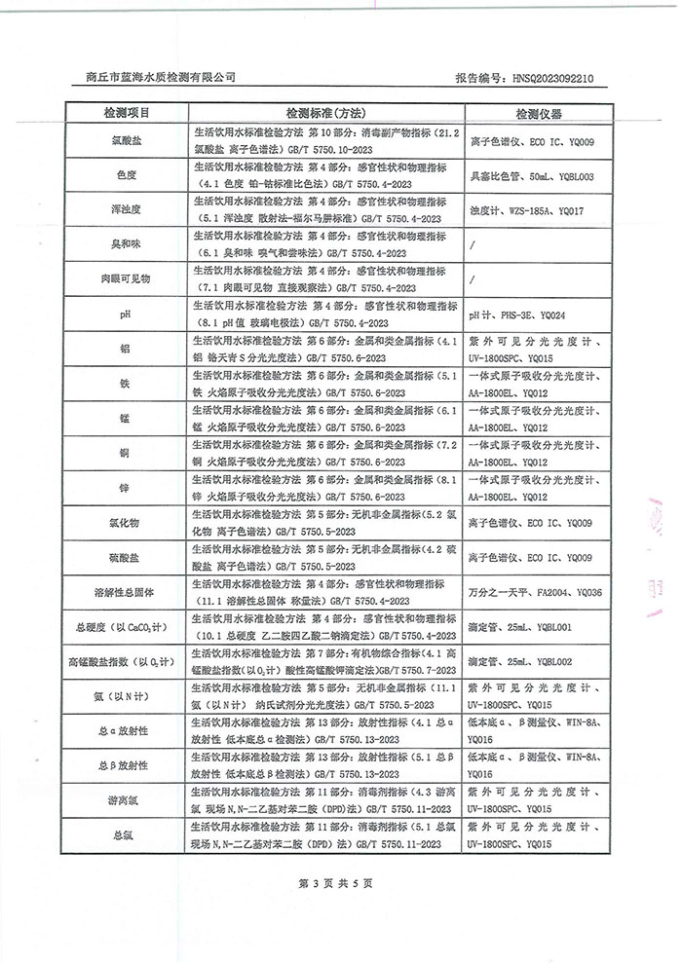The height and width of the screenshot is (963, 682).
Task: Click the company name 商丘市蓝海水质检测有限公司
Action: (161, 77)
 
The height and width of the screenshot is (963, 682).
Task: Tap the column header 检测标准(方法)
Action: (325, 113)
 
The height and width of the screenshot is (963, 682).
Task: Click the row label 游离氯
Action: (125, 799)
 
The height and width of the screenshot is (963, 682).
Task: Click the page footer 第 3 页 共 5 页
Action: (339, 883)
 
